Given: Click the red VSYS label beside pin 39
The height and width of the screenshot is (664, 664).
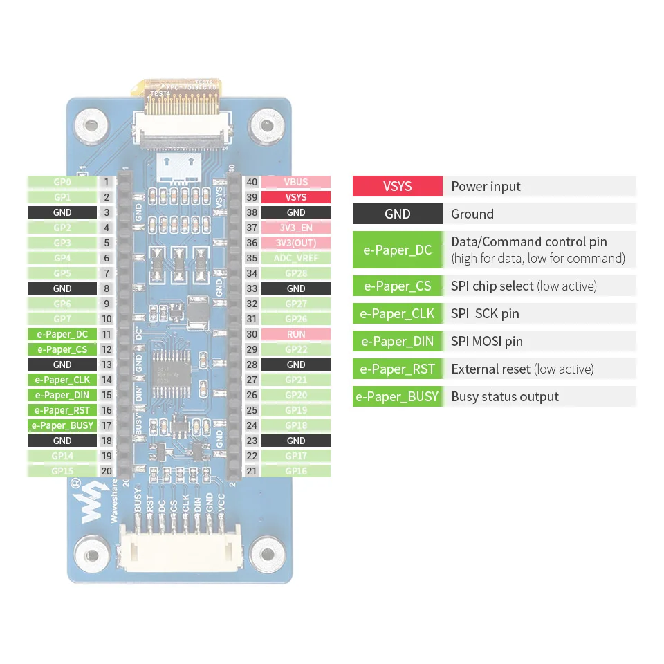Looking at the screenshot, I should click(x=295, y=197).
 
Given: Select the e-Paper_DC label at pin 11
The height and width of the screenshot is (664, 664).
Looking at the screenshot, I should click(x=62, y=334).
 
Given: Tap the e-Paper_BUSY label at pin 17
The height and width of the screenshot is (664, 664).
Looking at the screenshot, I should click(x=62, y=425).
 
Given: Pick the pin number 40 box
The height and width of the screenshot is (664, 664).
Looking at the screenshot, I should click(x=252, y=182).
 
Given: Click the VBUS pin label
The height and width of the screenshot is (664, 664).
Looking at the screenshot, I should click(x=295, y=182).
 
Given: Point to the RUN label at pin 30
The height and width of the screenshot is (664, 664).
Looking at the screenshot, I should click(x=295, y=334).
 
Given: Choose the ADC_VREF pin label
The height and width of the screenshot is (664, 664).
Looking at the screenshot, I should click(x=295, y=258).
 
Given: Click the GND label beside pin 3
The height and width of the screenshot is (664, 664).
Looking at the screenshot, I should click(x=62, y=212).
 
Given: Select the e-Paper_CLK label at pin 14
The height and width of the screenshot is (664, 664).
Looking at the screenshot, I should click(x=62, y=380).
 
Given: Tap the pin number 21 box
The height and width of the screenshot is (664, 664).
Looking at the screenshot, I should click(x=252, y=471).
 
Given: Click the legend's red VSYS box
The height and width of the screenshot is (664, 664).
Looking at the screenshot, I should click(x=397, y=186).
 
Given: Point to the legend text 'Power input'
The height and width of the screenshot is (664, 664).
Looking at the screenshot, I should click(x=486, y=186).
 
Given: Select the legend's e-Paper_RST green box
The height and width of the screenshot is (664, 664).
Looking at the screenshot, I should click(x=397, y=369).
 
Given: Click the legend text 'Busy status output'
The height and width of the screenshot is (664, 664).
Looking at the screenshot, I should click(x=505, y=396).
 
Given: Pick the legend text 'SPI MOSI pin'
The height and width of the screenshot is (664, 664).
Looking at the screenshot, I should click(x=487, y=341).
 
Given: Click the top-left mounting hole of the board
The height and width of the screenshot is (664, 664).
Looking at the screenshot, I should click(x=90, y=127).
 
